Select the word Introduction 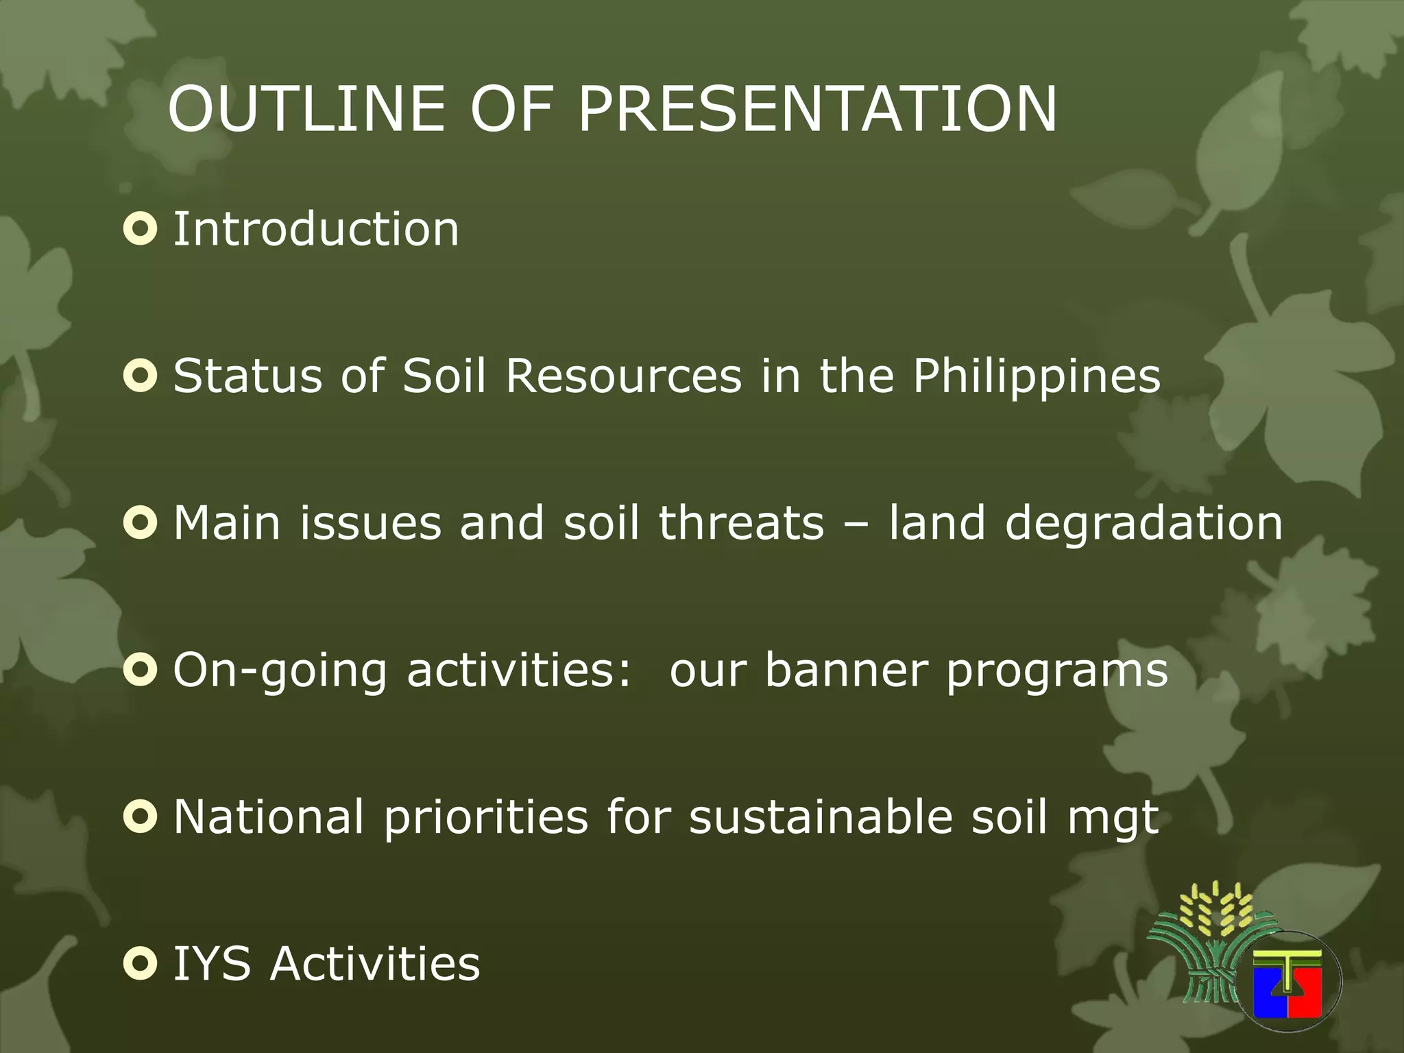coord(315,229)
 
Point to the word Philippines coord(1036,376)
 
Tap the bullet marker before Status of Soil coord(141,376)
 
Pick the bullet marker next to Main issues coord(141,523)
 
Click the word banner coord(845,670)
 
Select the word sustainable coord(821,816)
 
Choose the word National coord(268,816)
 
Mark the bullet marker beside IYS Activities coord(141,963)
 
